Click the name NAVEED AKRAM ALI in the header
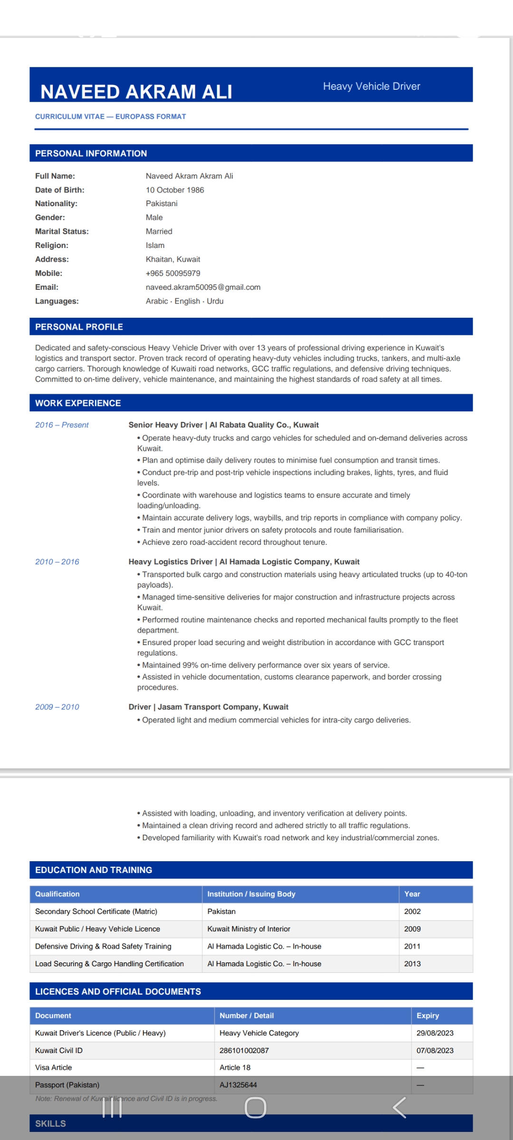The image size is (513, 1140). [136, 92]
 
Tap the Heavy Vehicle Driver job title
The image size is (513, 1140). [371, 86]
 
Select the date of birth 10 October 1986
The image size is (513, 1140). [175, 190]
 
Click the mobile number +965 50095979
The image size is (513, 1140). [173, 274]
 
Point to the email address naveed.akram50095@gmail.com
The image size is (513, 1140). [203, 287]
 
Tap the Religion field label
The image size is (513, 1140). [52, 246]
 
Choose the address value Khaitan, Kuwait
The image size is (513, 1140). [173, 259]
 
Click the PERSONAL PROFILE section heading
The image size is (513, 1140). [79, 327]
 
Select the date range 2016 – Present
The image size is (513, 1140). [62, 425]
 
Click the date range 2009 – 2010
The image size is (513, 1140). [57, 707]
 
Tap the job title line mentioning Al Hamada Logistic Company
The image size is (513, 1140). [244, 562]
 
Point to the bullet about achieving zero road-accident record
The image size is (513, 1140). [234, 542]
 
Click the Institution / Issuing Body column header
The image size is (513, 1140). [251, 894]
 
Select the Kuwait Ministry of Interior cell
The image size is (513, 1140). [248, 929]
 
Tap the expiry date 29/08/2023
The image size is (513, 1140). [435, 1033]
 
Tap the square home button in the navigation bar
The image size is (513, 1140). [256, 1108]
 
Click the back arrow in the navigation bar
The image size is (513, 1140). [399, 1108]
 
